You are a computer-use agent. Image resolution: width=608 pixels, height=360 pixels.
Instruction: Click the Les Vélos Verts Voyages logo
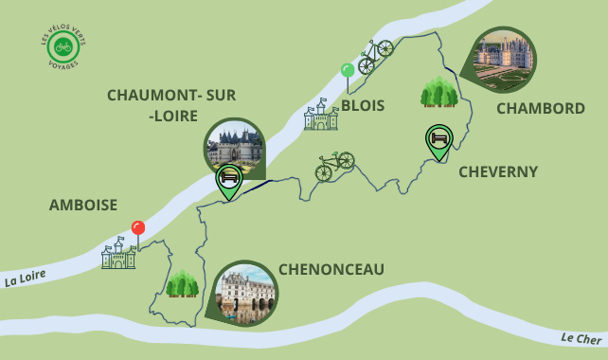point(63,46)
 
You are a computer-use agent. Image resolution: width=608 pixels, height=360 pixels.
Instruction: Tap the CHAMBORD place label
point(540,108)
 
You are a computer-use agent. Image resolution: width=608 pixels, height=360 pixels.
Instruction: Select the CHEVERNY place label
point(497,171)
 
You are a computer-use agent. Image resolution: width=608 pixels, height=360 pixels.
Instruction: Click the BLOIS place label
point(363,105)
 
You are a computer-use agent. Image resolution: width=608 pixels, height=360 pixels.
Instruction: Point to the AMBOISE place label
point(83,205)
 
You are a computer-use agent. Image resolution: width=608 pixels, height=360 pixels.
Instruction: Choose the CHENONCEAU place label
point(331,270)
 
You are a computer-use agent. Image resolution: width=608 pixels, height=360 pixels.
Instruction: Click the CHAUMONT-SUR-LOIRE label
point(171,105)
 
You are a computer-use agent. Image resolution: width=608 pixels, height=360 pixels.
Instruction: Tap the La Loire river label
point(26,279)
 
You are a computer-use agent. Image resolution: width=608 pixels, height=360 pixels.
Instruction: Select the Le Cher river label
point(580,338)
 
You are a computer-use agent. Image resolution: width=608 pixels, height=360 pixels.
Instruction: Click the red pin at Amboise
point(138,228)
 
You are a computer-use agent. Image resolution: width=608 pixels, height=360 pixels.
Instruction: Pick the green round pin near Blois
point(348,70)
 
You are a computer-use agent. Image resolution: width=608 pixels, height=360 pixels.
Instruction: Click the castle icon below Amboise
point(118,253)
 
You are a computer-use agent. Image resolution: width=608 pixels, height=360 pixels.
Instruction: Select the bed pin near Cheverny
point(438,140)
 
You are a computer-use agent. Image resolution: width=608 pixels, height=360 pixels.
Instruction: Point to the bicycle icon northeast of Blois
point(375,56)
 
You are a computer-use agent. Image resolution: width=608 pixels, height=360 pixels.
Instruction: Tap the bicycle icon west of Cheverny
point(334,166)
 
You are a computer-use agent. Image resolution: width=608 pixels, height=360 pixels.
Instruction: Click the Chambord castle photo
point(503,59)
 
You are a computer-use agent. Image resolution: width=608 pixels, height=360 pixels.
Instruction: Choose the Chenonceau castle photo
point(245,293)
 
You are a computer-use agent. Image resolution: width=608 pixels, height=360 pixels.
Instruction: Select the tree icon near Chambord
point(439,92)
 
